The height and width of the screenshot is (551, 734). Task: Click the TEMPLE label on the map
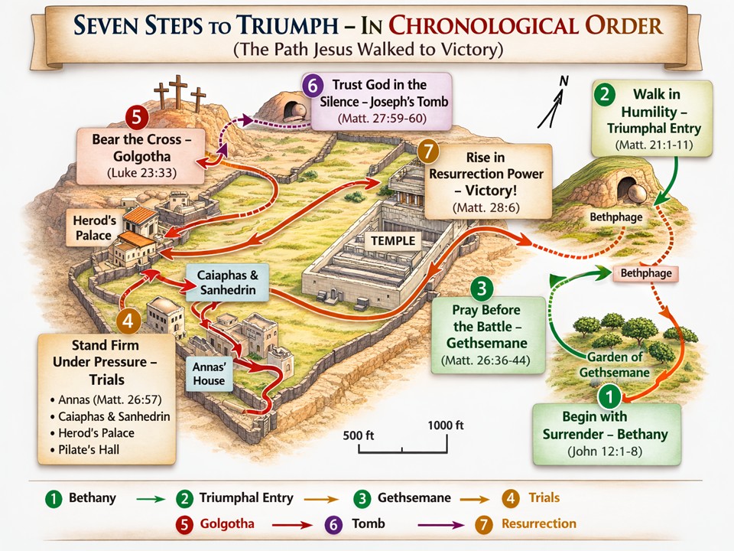[x=393, y=241]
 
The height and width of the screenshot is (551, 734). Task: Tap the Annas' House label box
[x=209, y=373]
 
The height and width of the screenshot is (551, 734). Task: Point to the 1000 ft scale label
[x=446, y=425]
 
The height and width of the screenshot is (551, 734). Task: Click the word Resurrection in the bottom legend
[x=538, y=523]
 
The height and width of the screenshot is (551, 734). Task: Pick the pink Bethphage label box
[x=645, y=273]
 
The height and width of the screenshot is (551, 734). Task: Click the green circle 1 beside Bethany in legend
[x=53, y=499]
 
